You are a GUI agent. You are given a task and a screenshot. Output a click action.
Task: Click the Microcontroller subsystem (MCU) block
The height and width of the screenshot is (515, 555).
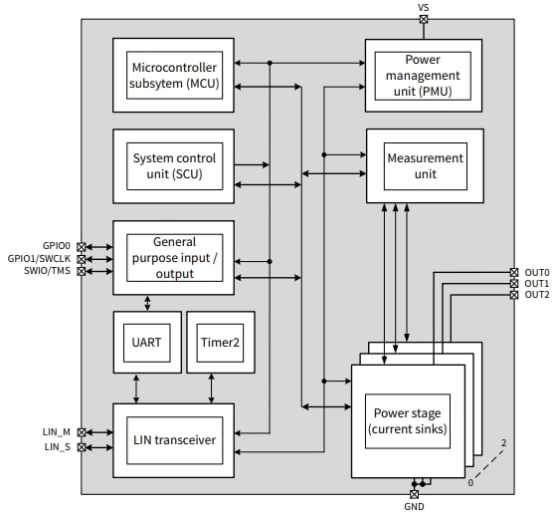[x=173, y=74]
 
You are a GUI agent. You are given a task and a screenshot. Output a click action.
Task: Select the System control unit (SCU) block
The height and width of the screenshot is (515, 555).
[x=173, y=165]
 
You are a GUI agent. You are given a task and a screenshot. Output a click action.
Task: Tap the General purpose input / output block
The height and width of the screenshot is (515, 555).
[x=173, y=257]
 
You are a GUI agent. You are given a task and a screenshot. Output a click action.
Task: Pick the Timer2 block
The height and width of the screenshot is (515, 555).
[x=220, y=341]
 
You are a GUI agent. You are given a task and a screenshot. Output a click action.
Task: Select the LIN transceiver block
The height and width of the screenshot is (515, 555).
[x=173, y=439]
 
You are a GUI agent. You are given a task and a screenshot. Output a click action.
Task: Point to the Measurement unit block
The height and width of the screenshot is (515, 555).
[x=425, y=165]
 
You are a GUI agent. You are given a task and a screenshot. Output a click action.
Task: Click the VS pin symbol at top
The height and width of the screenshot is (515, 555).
[x=424, y=18]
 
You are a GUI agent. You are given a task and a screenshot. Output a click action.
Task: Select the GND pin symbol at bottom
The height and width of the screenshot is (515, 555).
[x=414, y=493]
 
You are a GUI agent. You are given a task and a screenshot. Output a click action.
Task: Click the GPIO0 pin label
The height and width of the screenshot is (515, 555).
[x=57, y=245]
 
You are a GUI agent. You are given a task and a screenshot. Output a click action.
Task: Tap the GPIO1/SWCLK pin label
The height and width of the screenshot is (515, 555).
[x=41, y=258]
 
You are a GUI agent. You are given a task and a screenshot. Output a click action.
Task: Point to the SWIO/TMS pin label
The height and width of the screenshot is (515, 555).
[x=49, y=271]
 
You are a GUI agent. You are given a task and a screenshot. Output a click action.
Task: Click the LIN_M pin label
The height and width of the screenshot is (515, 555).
[x=57, y=432]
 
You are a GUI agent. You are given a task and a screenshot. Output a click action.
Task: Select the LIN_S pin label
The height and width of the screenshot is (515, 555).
[x=58, y=447]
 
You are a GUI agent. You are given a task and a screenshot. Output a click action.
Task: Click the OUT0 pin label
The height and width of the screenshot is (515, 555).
[x=537, y=272]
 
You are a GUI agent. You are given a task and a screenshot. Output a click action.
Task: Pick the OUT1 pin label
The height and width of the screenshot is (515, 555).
[x=537, y=284]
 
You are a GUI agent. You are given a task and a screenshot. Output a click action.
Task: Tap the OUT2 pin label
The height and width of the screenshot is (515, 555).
[x=537, y=295]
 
